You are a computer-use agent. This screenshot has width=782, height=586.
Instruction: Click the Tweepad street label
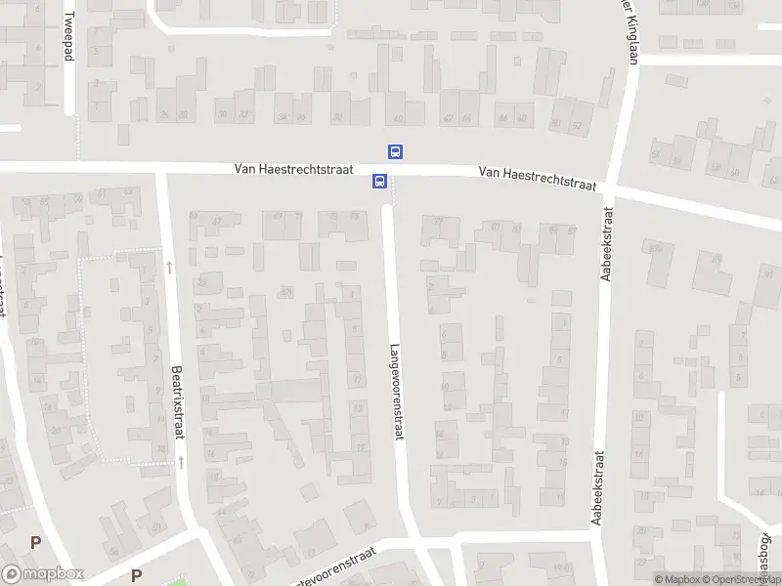(68, 37)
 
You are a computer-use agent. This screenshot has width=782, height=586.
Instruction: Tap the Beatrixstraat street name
(177, 402)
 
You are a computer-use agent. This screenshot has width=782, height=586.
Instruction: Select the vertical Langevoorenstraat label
(397, 391)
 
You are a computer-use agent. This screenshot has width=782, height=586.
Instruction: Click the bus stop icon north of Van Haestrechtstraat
(396, 151)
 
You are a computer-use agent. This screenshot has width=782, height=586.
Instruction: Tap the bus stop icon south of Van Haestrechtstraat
(378, 181)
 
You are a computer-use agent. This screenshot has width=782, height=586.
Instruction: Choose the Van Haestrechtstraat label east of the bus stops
(538, 179)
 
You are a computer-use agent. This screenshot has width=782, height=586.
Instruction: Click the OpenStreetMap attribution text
(748, 579)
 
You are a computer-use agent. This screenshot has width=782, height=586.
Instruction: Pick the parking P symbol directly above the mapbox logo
(36, 542)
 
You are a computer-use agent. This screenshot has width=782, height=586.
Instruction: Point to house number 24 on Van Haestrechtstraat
(162, 115)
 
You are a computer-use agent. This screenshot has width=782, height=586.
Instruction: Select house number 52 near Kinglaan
(576, 125)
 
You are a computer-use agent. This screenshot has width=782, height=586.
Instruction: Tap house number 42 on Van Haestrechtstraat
(449, 118)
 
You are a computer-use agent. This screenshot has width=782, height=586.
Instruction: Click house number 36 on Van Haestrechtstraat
(300, 116)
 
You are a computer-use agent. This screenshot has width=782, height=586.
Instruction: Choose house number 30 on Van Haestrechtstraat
(223, 115)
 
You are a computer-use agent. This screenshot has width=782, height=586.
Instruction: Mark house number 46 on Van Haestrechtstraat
(522, 118)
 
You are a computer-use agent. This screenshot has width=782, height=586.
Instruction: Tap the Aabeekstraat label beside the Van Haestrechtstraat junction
(606, 244)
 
